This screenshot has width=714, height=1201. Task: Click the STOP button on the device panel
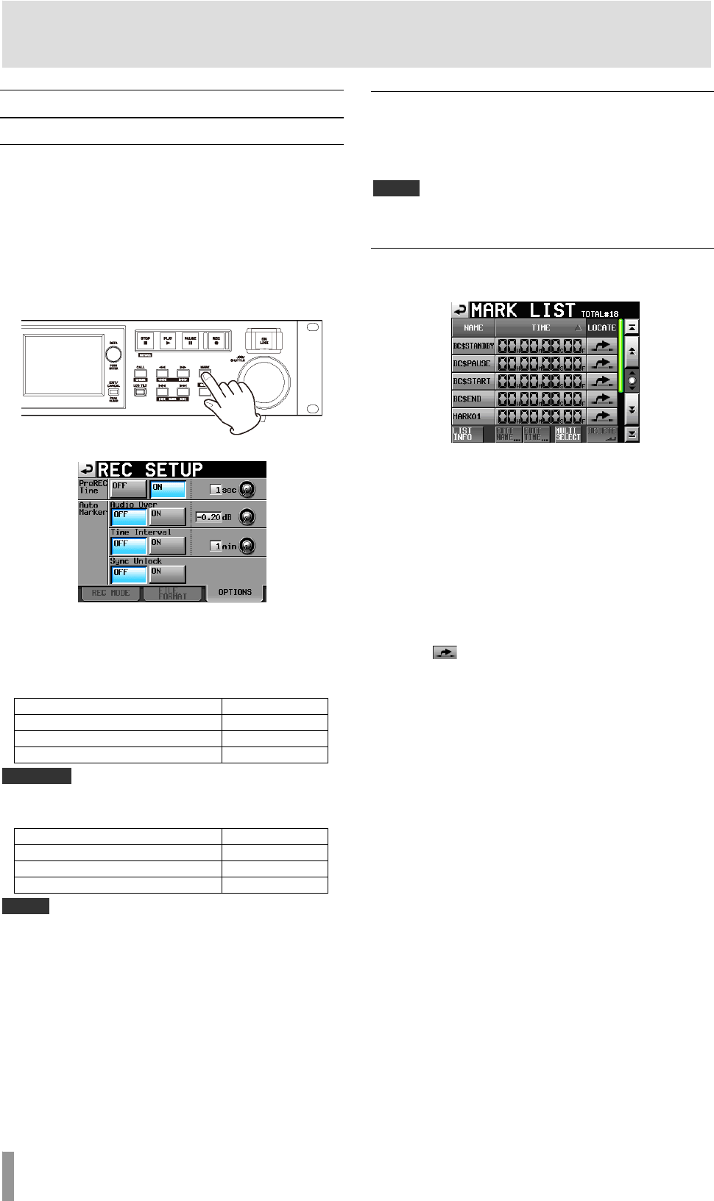146,341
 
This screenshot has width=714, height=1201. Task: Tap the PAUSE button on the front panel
191,341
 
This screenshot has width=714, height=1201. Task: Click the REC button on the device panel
216,341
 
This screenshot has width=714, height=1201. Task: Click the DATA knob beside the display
113,354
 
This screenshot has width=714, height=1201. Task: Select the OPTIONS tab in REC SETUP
235,593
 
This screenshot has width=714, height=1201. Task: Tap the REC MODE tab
110,593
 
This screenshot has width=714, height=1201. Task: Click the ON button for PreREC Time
168,489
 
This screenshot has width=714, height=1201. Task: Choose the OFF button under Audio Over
128,517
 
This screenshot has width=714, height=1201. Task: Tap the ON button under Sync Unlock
168,574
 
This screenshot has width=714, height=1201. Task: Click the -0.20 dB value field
208,517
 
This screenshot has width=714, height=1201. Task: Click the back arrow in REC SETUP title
87,470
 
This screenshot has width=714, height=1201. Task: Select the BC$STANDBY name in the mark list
473,346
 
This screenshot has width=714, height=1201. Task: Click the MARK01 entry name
473,416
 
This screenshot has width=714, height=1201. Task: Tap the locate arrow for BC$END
602,399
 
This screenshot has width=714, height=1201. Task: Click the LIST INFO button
467,435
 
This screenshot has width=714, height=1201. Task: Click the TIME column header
540,328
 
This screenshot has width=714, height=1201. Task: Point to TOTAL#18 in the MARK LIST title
599,314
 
